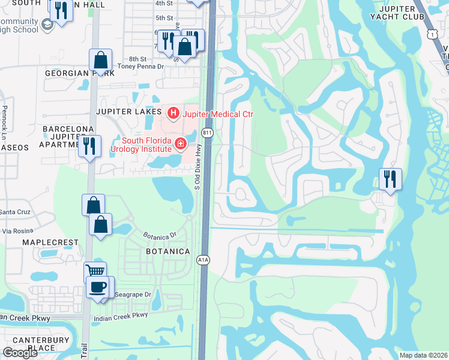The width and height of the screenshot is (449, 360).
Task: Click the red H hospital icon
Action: (x=173, y=112)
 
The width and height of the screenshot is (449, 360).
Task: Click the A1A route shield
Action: (x=203, y=259)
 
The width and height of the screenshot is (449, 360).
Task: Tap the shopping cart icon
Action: (x=95, y=272)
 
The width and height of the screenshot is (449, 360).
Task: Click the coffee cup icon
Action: (x=97, y=286)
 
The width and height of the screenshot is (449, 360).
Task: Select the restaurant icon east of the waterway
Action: (x=390, y=178)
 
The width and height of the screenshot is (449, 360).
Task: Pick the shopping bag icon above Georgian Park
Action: (x=101, y=60)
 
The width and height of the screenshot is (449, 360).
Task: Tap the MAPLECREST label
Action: (x=50, y=242)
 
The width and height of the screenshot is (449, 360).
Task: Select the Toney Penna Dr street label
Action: (x=139, y=67)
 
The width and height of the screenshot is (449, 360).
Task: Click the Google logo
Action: (x=20, y=353)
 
